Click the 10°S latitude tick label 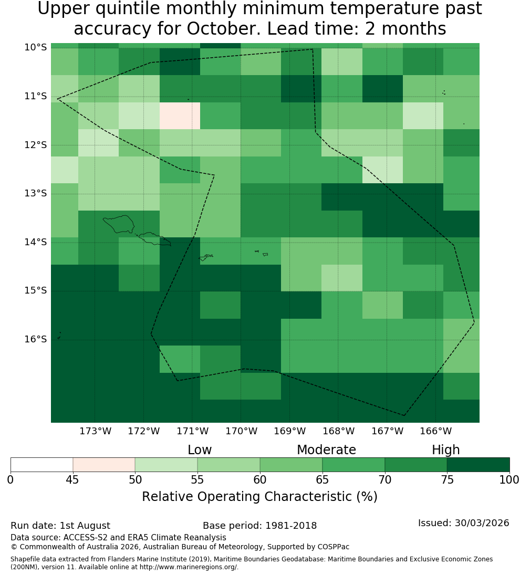point(36,47)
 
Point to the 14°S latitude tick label point(36,242)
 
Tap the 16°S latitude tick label point(36,339)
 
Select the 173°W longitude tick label point(96,431)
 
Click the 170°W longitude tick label point(241,431)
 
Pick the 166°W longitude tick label point(435,431)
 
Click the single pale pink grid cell point(180,116)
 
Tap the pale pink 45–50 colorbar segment point(104,465)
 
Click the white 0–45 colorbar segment point(42,465)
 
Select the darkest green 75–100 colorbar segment point(478,465)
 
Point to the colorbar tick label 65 point(323,479)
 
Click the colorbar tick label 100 point(509,479)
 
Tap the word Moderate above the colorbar point(326,449)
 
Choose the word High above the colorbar point(445,450)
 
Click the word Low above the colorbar point(200,449)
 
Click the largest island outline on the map point(119,224)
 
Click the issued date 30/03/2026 point(482,523)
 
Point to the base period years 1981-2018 point(291,526)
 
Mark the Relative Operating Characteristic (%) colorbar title point(259,497)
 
